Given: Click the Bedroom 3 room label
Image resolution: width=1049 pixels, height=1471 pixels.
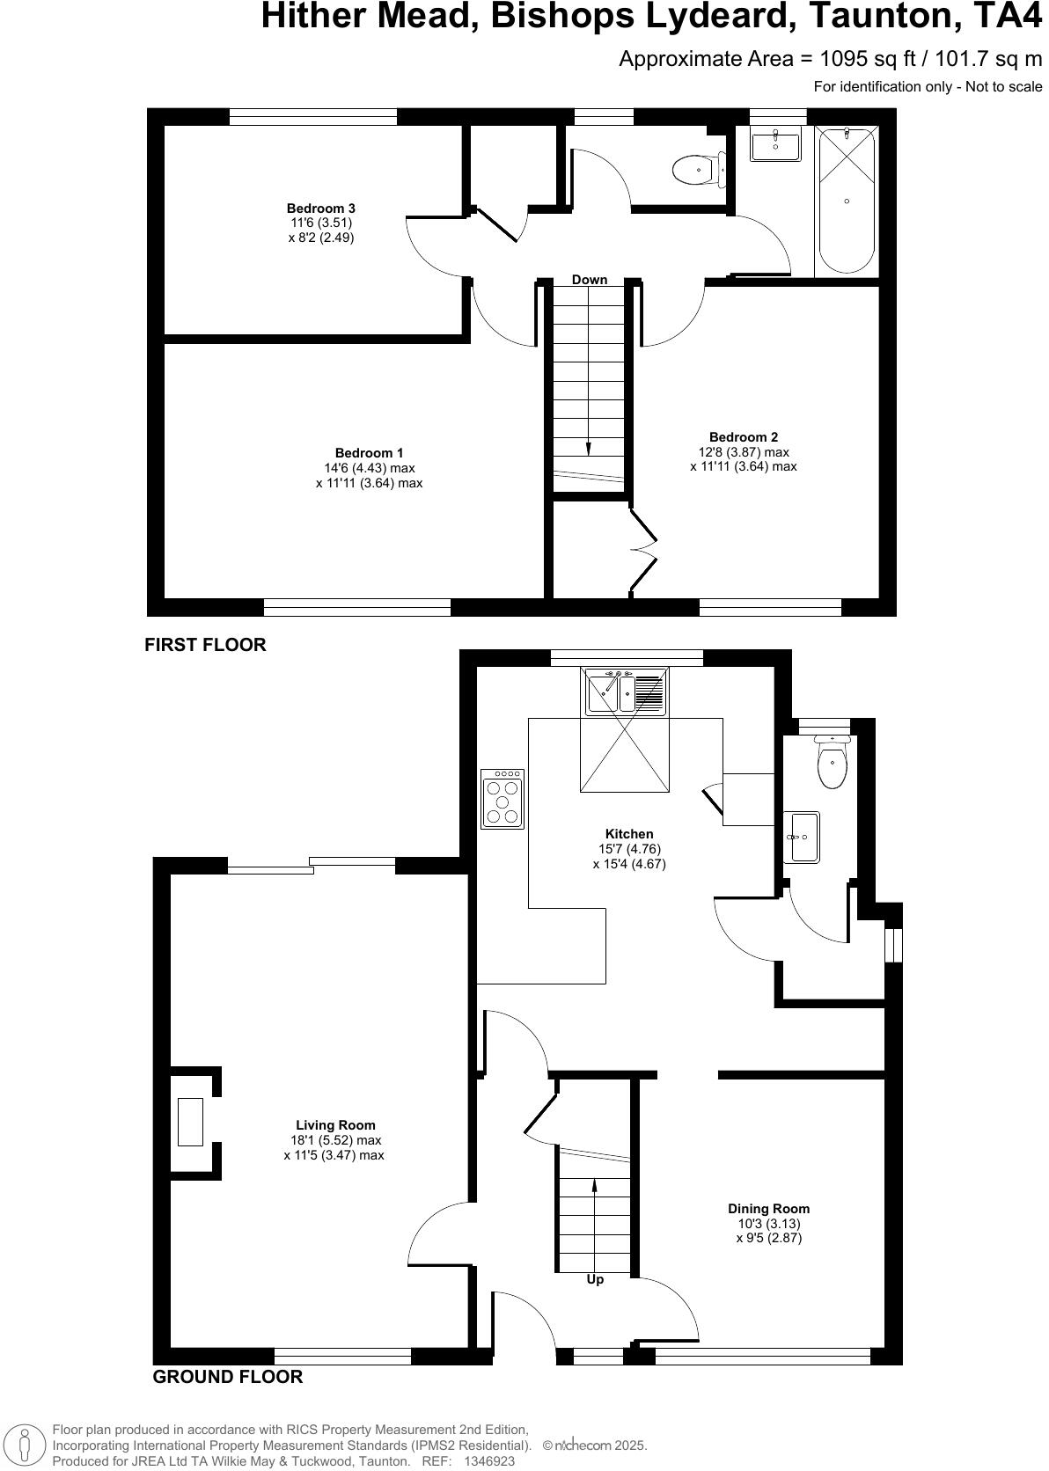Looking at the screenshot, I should click(320, 209).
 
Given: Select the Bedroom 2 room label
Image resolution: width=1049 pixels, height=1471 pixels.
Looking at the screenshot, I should click(743, 437).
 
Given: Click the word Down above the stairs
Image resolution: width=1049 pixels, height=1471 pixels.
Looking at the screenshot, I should click(589, 280).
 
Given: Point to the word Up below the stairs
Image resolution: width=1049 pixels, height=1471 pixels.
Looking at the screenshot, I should click(595, 1279).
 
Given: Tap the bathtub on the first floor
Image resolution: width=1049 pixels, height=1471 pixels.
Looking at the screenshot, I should click(847, 201).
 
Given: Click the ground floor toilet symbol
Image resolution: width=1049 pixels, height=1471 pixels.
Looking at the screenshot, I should click(832, 762).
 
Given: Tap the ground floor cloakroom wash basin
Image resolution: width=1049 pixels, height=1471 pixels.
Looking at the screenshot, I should click(802, 837).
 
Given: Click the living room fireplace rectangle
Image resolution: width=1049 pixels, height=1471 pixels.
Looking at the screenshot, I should click(190, 1122).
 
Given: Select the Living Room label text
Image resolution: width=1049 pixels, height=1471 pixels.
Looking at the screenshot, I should click(334, 1125).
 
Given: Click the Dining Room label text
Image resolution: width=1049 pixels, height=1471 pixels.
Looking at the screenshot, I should click(768, 1209).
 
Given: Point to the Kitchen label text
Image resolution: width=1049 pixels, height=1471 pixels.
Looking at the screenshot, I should click(629, 834).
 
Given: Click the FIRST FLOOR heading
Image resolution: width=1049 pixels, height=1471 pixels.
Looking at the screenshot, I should click(205, 645).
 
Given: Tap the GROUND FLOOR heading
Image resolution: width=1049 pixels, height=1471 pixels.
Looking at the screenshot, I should click(227, 1378).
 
